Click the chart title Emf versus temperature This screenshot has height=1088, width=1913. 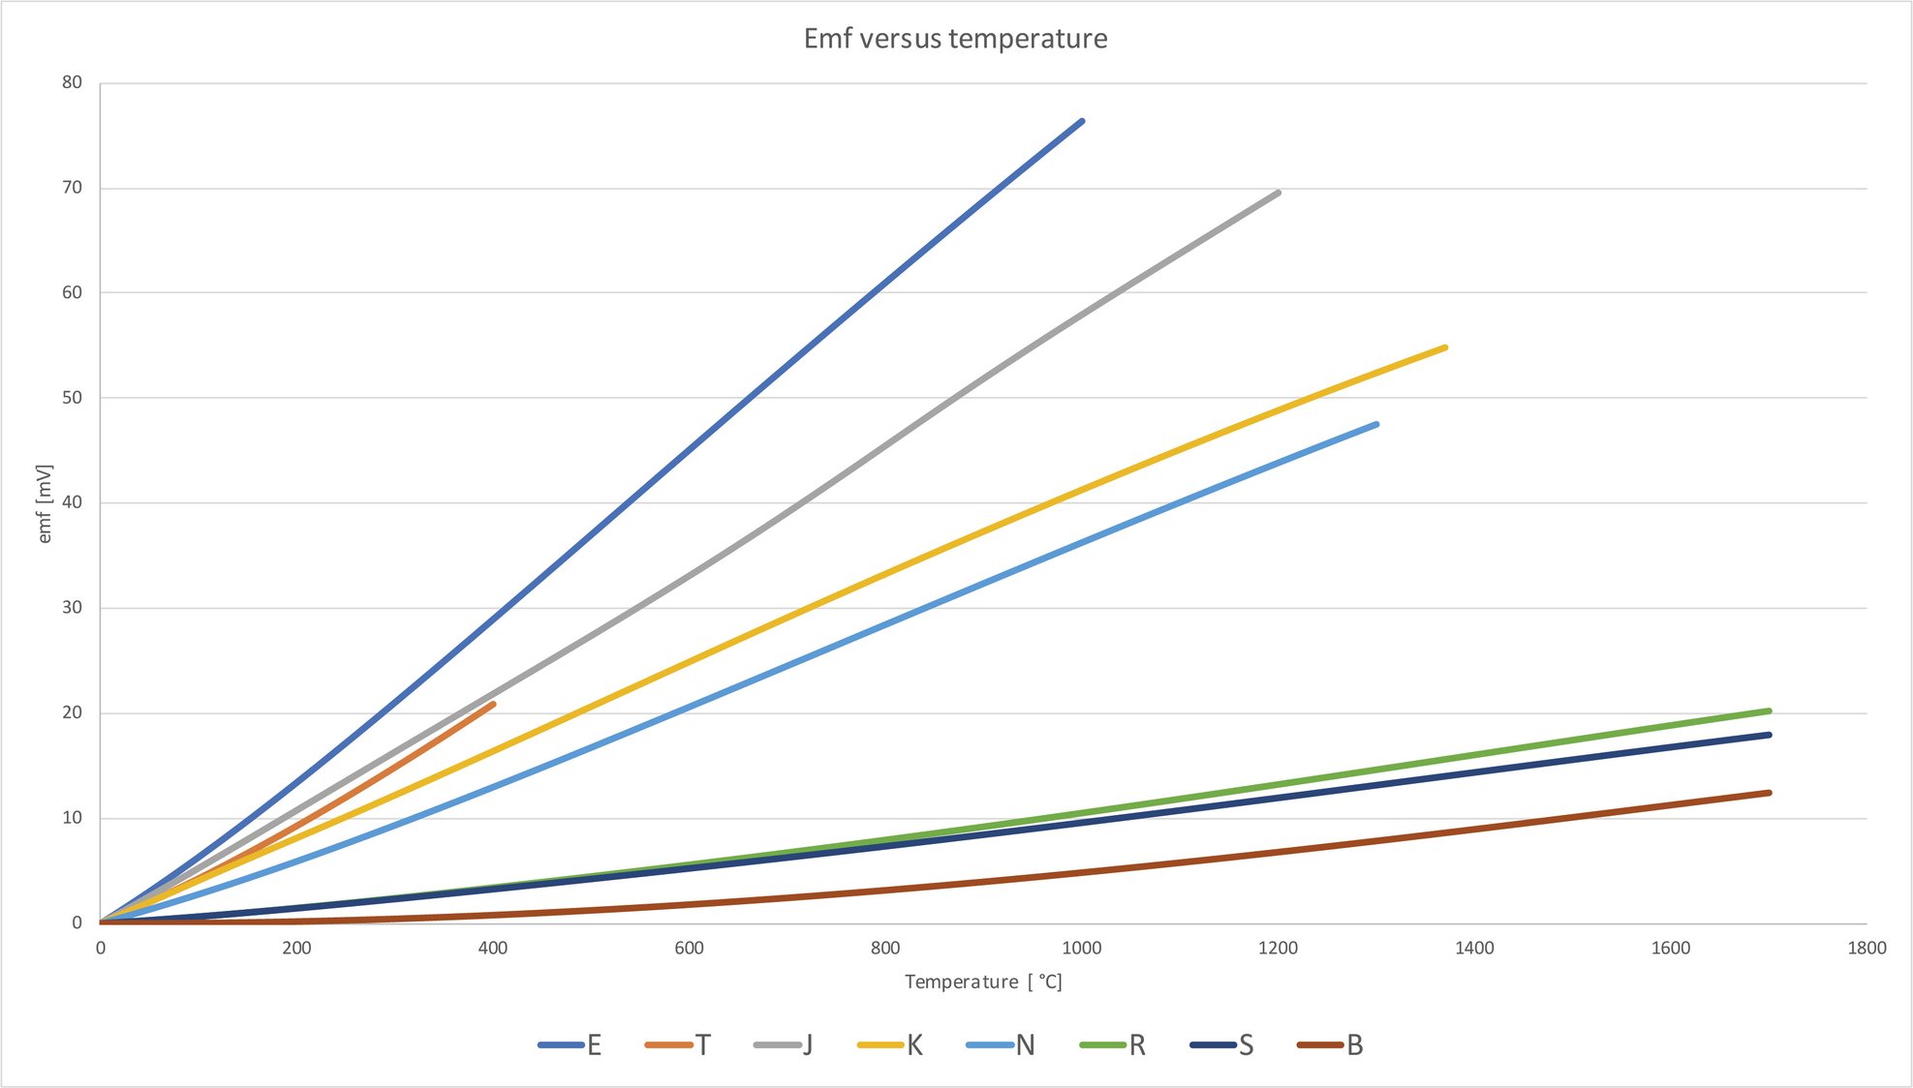tap(955, 39)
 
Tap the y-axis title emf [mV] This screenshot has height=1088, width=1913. tap(45, 503)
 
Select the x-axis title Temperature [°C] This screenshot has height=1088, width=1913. tap(983, 982)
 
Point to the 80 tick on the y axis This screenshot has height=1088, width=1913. tap(73, 82)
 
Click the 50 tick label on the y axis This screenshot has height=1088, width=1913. tap(73, 398)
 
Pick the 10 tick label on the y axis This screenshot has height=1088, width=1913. tap(73, 818)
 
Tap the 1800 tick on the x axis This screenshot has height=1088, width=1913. tap(1867, 948)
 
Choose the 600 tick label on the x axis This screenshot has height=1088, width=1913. tap(689, 948)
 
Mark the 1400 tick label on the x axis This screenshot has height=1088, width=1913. tap(1474, 948)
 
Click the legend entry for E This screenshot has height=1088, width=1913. tap(571, 1045)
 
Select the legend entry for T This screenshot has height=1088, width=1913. tap(678, 1045)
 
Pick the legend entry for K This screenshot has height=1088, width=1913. tap(890, 1045)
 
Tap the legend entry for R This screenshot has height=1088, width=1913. tap(1113, 1045)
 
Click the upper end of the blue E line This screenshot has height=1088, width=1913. tap(1082, 121)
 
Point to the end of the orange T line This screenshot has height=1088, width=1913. tap(494, 704)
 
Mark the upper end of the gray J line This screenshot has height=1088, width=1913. tap(1279, 193)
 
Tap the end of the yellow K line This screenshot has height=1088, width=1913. tap(1445, 348)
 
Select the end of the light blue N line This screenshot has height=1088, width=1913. tap(1376, 424)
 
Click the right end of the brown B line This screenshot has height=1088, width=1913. tap(1770, 793)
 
